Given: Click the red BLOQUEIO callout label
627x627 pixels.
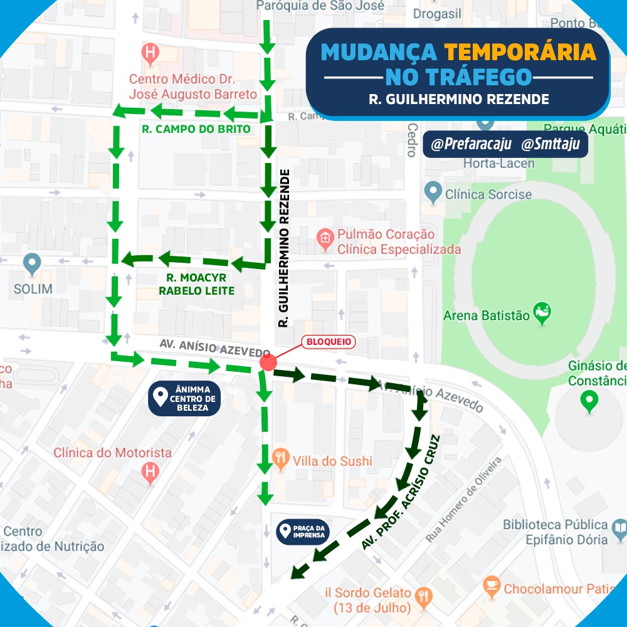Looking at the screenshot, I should [x=329, y=342].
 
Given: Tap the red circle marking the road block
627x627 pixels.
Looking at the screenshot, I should [x=268, y=363].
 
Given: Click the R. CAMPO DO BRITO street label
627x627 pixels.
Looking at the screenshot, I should [x=196, y=129].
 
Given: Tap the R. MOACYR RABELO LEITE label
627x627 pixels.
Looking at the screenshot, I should [x=196, y=284].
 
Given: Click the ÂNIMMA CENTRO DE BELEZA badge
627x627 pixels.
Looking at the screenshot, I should [x=184, y=398].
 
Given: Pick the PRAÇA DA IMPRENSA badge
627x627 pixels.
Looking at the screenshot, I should [x=303, y=532].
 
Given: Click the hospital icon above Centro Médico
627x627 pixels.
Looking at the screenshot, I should [x=150, y=51].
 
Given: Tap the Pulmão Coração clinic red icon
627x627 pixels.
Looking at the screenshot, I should [x=325, y=238].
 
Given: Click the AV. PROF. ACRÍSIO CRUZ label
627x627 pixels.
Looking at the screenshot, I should [x=401, y=493].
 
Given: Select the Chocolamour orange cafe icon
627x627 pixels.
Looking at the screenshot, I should [x=492, y=587].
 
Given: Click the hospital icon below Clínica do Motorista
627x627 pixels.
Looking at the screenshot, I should [x=150, y=472].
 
